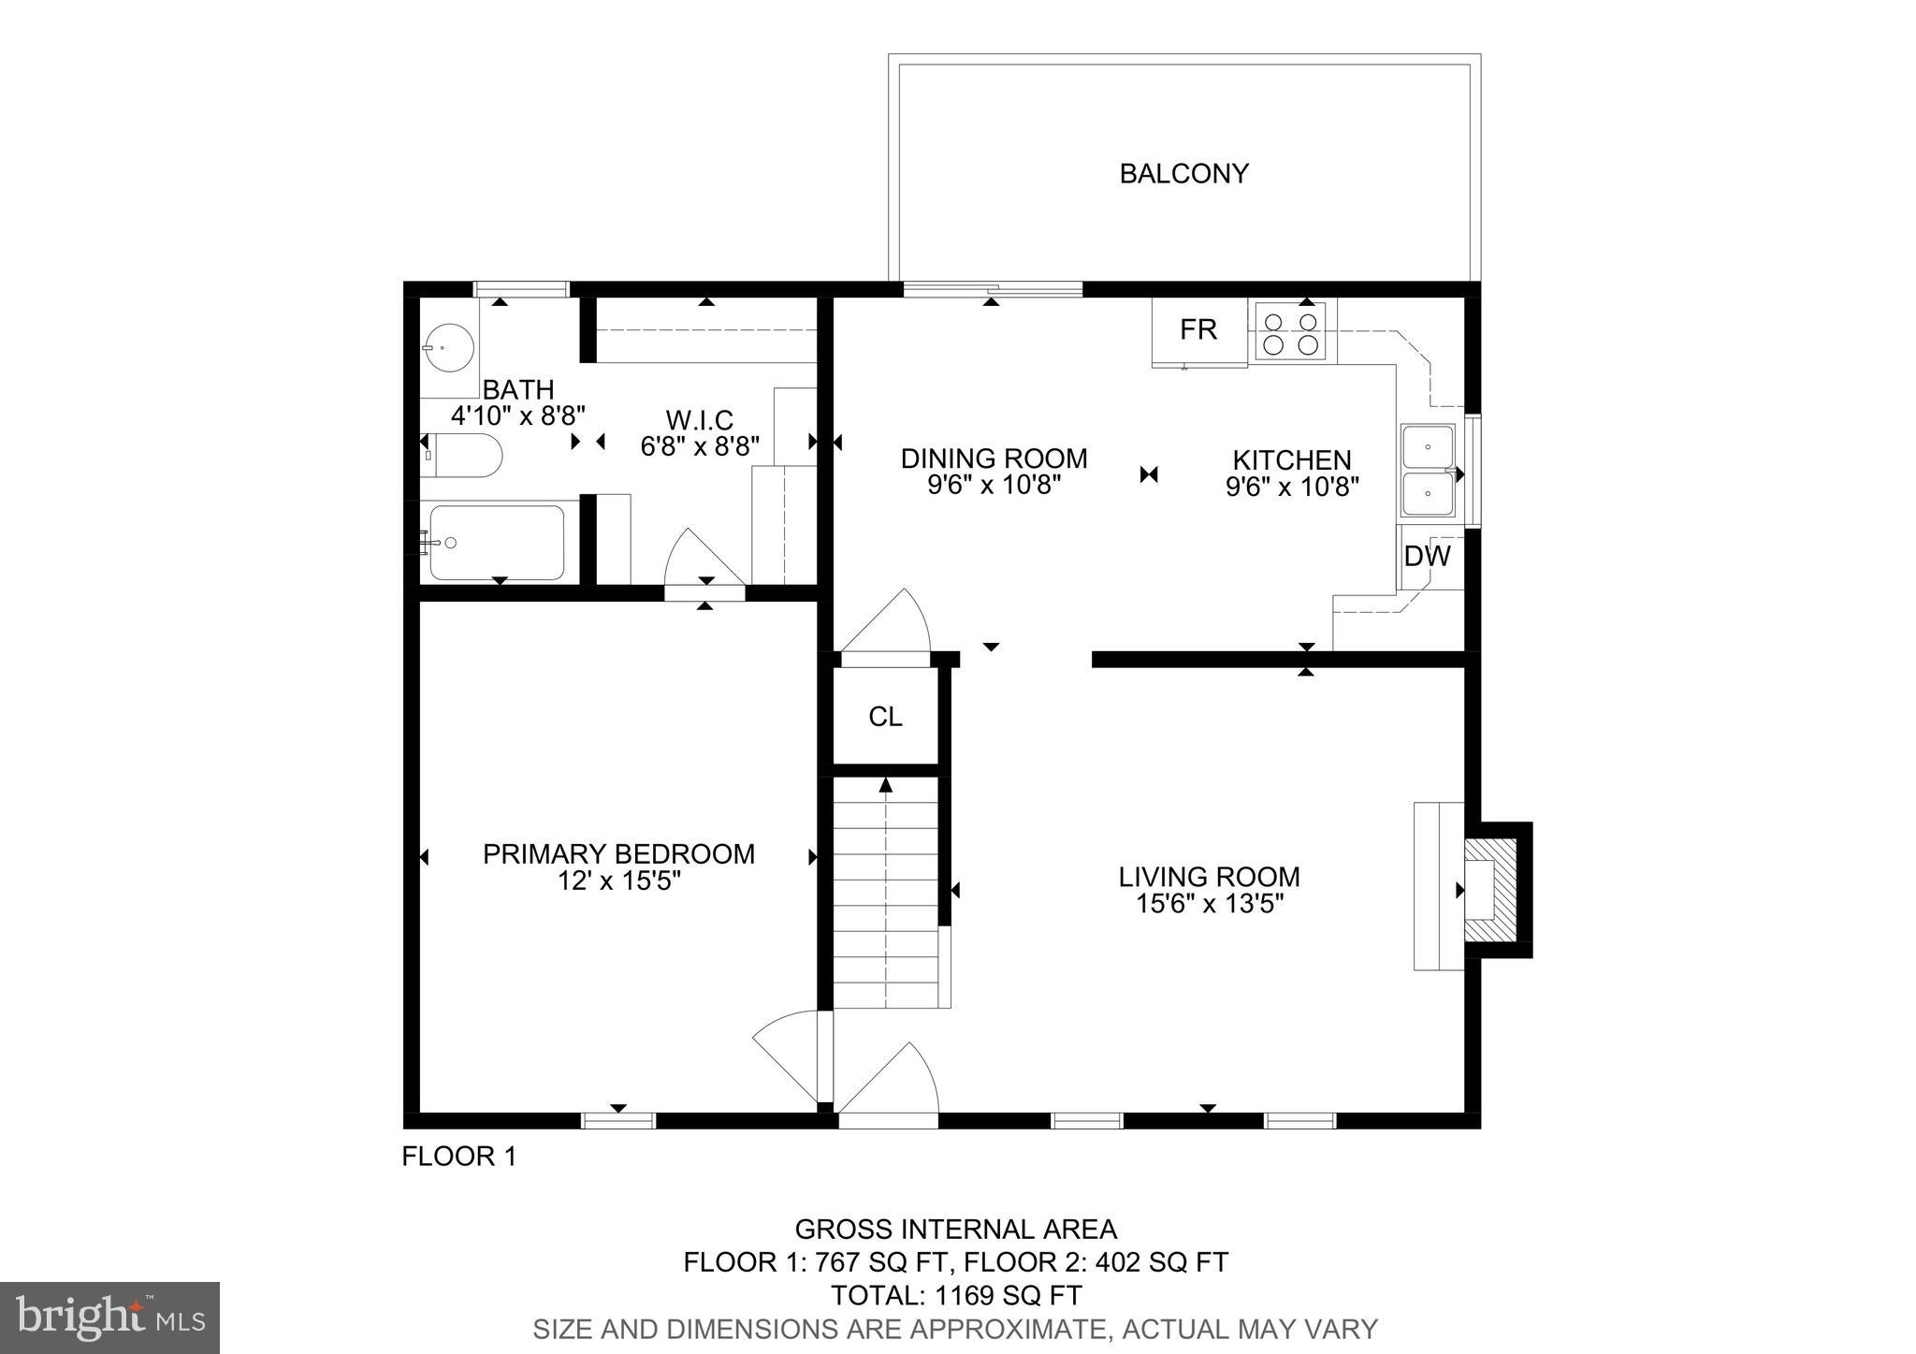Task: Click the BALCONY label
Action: (x=1183, y=174)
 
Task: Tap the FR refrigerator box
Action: (x=1198, y=331)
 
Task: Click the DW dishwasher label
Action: (x=1427, y=557)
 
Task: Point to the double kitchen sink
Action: (x=1428, y=470)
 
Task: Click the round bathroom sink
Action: (x=446, y=348)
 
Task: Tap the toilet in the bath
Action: (x=463, y=456)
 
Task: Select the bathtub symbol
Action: (x=497, y=543)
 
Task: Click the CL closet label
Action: (x=885, y=717)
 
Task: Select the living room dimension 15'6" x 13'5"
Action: (x=1209, y=904)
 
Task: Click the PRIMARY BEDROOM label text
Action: (x=618, y=854)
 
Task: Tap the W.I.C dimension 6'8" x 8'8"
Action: (x=700, y=446)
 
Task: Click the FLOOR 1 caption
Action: (x=458, y=1157)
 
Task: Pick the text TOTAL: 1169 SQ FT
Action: (x=956, y=1295)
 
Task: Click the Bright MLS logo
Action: (x=109, y=1318)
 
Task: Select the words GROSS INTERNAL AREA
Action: (x=955, y=1229)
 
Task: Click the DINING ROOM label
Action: (x=994, y=459)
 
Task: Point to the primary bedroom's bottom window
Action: (x=618, y=1120)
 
